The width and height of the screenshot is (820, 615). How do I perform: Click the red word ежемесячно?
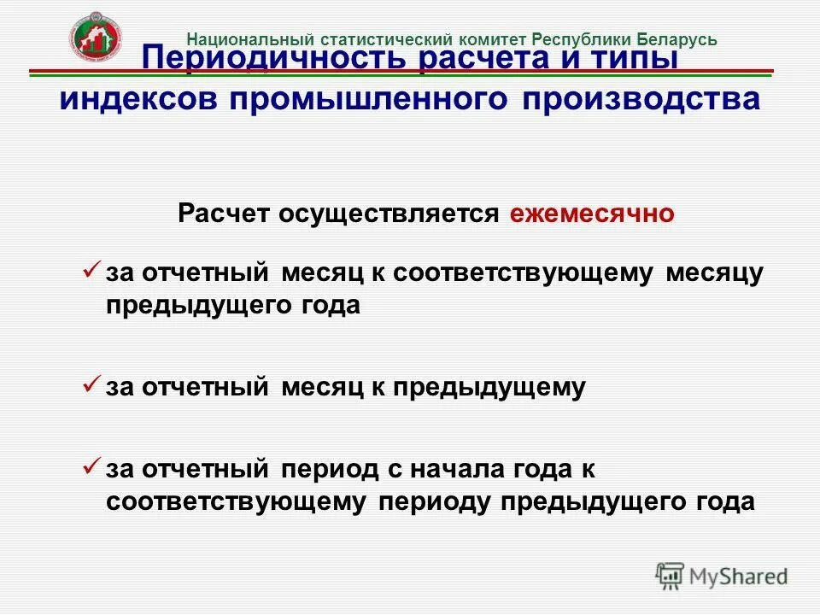[592, 214]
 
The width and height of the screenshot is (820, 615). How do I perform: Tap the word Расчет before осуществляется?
[224, 214]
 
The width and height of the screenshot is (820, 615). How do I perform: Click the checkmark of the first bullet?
[92, 270]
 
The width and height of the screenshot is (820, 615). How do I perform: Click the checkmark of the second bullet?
[92, 385]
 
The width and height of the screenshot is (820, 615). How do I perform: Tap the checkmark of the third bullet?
[92, 466]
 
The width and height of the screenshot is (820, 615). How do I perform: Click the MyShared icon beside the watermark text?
[671, 576]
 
